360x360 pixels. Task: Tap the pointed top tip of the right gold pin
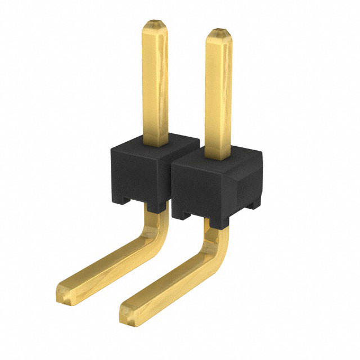(218, 31)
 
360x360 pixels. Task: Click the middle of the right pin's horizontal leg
(169, 281)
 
